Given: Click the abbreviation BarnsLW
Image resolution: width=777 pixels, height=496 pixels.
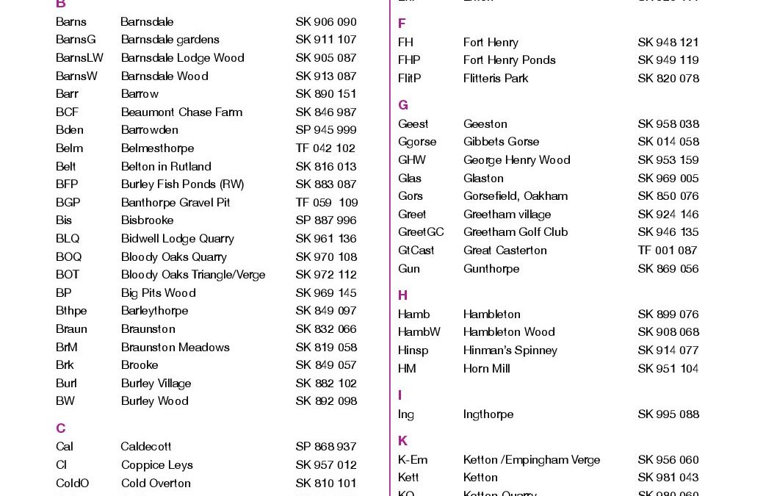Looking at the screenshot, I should [x=79, y=58].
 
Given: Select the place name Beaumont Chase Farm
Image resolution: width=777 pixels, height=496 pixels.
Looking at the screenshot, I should [x=181, y=112].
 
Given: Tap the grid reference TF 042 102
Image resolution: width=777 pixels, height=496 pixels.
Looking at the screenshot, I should [x=325, y=148].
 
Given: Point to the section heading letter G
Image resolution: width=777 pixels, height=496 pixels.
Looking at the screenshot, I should [x=403, y=105].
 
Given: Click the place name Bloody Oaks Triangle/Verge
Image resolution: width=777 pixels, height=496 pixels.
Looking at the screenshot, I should [x=193, y=275].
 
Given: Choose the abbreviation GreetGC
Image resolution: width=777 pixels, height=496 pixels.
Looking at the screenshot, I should [x=421, y=232].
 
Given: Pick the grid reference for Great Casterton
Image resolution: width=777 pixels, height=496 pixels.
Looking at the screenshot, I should [x=668, y=251].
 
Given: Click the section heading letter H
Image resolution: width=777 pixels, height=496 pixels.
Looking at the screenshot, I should [x=403, y=295].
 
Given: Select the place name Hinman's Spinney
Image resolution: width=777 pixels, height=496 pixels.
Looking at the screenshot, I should [x=510, y=351].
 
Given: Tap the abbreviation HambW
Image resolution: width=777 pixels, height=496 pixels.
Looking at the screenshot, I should [x=419, y=332].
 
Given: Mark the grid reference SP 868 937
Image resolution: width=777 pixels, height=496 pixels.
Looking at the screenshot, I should [x=325, y=447].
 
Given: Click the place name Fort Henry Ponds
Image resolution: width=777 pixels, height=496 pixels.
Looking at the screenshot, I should [x=509, y=60].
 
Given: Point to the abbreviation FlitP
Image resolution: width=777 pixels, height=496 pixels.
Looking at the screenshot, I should [x=409, y=79].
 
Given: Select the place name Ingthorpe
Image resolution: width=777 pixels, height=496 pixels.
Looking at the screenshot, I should [x=488, y=414].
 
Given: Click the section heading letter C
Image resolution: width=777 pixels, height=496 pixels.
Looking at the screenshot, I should [x=61, y=428].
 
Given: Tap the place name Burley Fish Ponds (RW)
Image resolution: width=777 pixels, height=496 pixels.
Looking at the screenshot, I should [x=182, y=184].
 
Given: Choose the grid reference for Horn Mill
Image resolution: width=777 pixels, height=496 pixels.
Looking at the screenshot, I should [x=668, y=369].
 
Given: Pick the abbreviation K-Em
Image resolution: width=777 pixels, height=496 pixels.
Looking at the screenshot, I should [x=413, y=460].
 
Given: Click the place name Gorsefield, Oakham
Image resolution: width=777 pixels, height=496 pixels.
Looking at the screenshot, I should [x=515, y=196].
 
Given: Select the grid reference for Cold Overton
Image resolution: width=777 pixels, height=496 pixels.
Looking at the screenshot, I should [x=325, y=484].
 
